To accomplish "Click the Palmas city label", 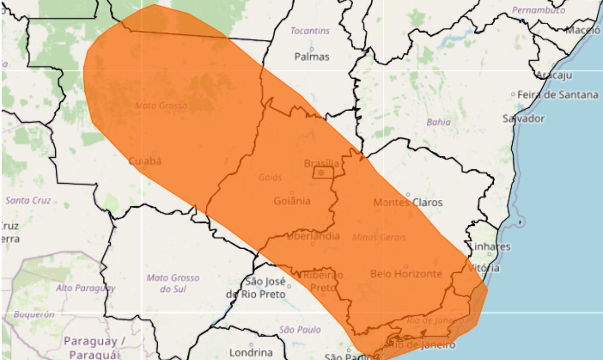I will click(x=312, y=57).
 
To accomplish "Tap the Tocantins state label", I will click(x=310, y=31).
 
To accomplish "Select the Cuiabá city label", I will click(x=145, y=161).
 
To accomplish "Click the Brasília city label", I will click(x=321, y=164).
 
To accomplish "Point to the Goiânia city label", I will click(x=292, y=201).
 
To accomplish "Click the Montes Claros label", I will click(x=408, y=202).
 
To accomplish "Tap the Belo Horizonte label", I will click(x=406, y=273).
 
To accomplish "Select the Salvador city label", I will click(x=523, y=118).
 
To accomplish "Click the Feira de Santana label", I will click(x=557, y=95).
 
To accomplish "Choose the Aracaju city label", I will click(x=554, y=75).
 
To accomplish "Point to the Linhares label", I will click(x=490, y=246).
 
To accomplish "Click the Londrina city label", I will click(x=251, y=352).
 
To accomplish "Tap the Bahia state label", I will click(x=439, y=122).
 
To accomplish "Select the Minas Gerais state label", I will click(x=379, y=237).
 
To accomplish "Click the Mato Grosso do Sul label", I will click(x=173, y=283).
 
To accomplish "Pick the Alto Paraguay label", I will click(x=86, y=287).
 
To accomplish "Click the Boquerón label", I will click(x=34, y=314).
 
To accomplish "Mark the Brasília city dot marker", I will click(x=321, y=173).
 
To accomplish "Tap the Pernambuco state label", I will click(x=538, y=10).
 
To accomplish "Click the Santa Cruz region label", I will click(x=28, y=200).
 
